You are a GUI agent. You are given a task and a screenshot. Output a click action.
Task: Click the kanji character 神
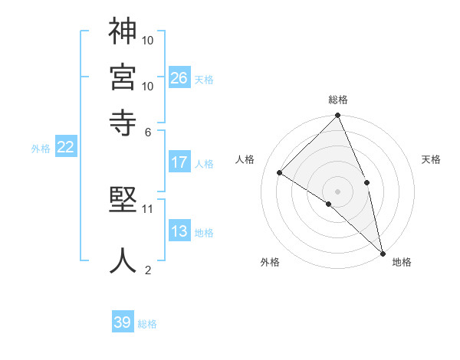[x=123, y=32]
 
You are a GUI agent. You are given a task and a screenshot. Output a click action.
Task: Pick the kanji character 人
[x=123, y=260]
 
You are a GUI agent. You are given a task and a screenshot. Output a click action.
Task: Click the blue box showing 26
[x=179, y=77]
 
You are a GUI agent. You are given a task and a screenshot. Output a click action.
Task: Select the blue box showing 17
[x=179, y=162]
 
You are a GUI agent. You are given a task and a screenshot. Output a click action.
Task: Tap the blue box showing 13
[x=179, y=231]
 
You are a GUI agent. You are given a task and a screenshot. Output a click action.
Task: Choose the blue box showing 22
[x=65, y=148]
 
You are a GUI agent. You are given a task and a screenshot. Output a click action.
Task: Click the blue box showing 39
[x=123, y=322]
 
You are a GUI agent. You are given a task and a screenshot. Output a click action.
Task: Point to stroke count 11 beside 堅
[x=148, y=208]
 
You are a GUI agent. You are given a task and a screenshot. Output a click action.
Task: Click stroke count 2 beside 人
[x=148, y=270]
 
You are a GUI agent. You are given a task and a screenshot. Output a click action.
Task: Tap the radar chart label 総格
[x=338, y=100]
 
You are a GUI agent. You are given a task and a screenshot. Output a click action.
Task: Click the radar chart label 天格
[x=431, y=159]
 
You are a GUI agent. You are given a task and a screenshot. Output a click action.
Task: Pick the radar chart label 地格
[x=402, y=263]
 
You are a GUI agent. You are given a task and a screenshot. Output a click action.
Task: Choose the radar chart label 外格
[x=270, y=263]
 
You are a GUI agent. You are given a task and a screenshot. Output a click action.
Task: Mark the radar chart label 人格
[x=245, y=159]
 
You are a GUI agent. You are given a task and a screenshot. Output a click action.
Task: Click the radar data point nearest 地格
[x=382, y=252]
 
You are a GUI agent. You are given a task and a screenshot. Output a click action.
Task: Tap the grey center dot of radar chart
[x=337, y=191]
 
